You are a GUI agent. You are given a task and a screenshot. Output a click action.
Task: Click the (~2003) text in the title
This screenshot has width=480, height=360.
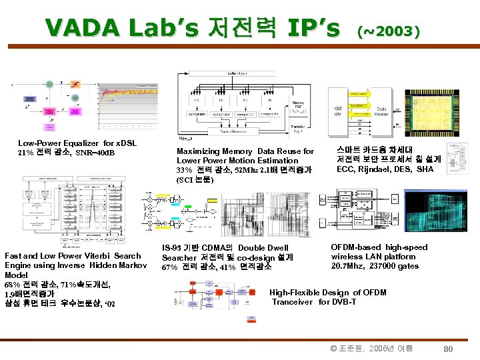tap(389, 31)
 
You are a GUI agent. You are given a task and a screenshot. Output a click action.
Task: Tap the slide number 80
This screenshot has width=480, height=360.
tap(448, 349)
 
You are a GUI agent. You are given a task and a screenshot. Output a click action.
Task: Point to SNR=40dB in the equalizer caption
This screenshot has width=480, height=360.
tap(95, 153)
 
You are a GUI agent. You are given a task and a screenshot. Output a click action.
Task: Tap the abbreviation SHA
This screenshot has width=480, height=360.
tap(424, 169)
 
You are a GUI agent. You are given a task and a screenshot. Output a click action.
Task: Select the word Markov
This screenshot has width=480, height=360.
tap(133, 265)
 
